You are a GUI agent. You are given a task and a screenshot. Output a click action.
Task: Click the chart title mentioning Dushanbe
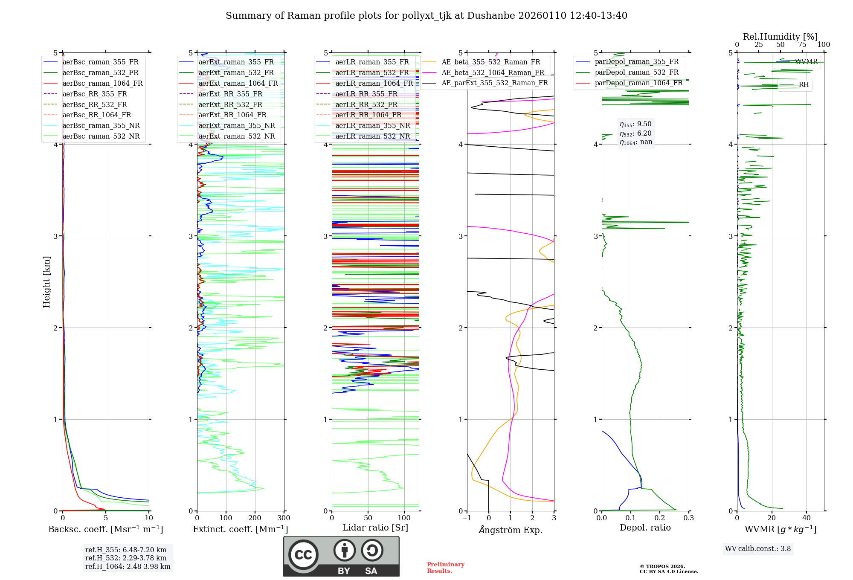click(x=426, y=16)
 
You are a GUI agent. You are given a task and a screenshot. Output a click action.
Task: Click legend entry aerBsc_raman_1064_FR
click(x=102, y=84)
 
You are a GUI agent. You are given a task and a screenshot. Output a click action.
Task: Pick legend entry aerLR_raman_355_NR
click(x=372, y=126)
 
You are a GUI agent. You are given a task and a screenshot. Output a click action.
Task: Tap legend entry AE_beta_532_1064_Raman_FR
click(x=493, y=72)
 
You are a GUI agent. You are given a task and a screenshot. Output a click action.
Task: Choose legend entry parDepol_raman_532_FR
click(x=636, y=72)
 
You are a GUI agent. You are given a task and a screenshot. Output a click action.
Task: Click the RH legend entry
click(x=804, y=85)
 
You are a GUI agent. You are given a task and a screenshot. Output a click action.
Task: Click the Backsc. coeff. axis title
click(x=106, y=529)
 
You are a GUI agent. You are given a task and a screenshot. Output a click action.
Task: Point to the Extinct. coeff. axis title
click(x=241, y=529)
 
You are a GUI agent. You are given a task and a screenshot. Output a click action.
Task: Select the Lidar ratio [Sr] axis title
click(x=375, y=528)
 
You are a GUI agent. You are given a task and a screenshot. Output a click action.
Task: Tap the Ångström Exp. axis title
click(x=511, y=530)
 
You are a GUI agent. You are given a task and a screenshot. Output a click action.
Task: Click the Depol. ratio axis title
click(x=645, y=528)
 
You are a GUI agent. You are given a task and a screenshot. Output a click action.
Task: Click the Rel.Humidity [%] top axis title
click(x=780, y=37)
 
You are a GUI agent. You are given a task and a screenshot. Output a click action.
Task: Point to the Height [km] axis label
click(x=46, y=282)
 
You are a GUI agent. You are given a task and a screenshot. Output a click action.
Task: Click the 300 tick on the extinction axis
click(x=284, y=518)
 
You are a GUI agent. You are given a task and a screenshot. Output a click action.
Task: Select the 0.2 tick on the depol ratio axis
click(x=660, y=518)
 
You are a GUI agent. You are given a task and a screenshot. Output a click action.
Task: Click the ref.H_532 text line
click(x=126, y=558)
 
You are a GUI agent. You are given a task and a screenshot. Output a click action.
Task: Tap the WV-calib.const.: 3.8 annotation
click(x=758, y=549)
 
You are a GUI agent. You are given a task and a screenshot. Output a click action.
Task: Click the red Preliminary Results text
click(x=445, y=568)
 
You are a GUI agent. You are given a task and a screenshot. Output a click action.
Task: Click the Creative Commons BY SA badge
click(x=341, y=557)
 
